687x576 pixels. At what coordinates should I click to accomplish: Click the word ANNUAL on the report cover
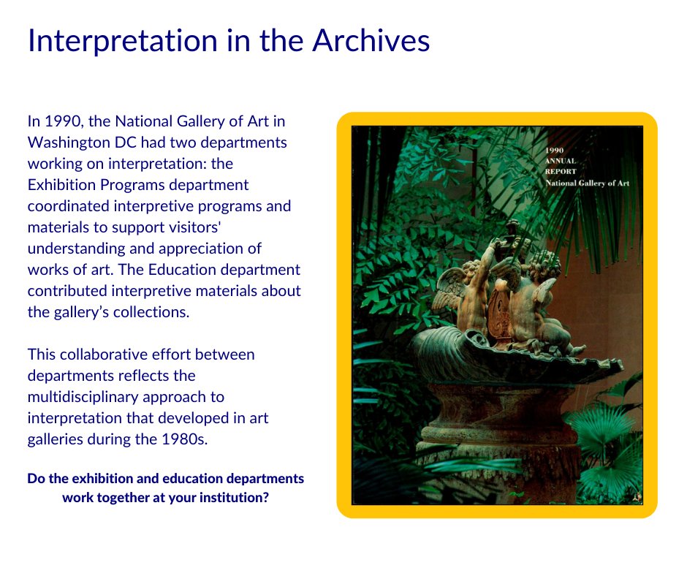[x=561, y=160]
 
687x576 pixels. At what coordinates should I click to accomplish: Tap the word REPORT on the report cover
[x=561, y=171]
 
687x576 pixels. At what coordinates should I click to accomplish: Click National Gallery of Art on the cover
[x=587, y=183]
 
